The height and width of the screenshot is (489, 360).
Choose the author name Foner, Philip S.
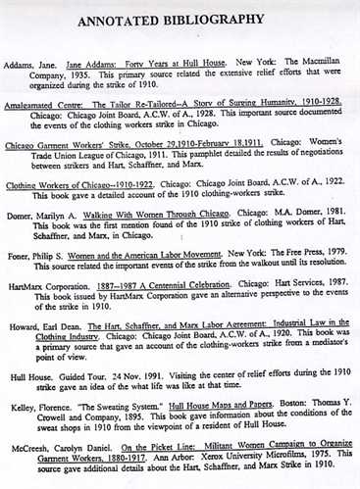(x=44, y=259)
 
